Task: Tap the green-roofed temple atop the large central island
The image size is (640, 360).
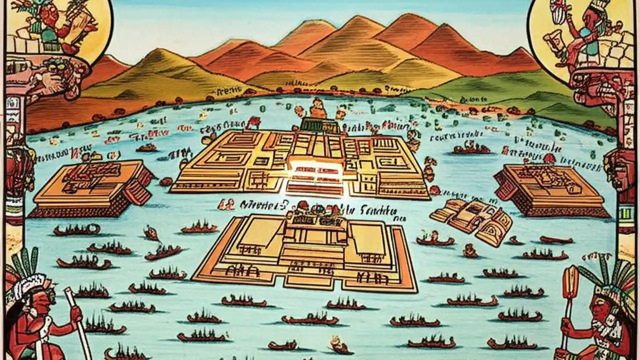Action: click(318, 125)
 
